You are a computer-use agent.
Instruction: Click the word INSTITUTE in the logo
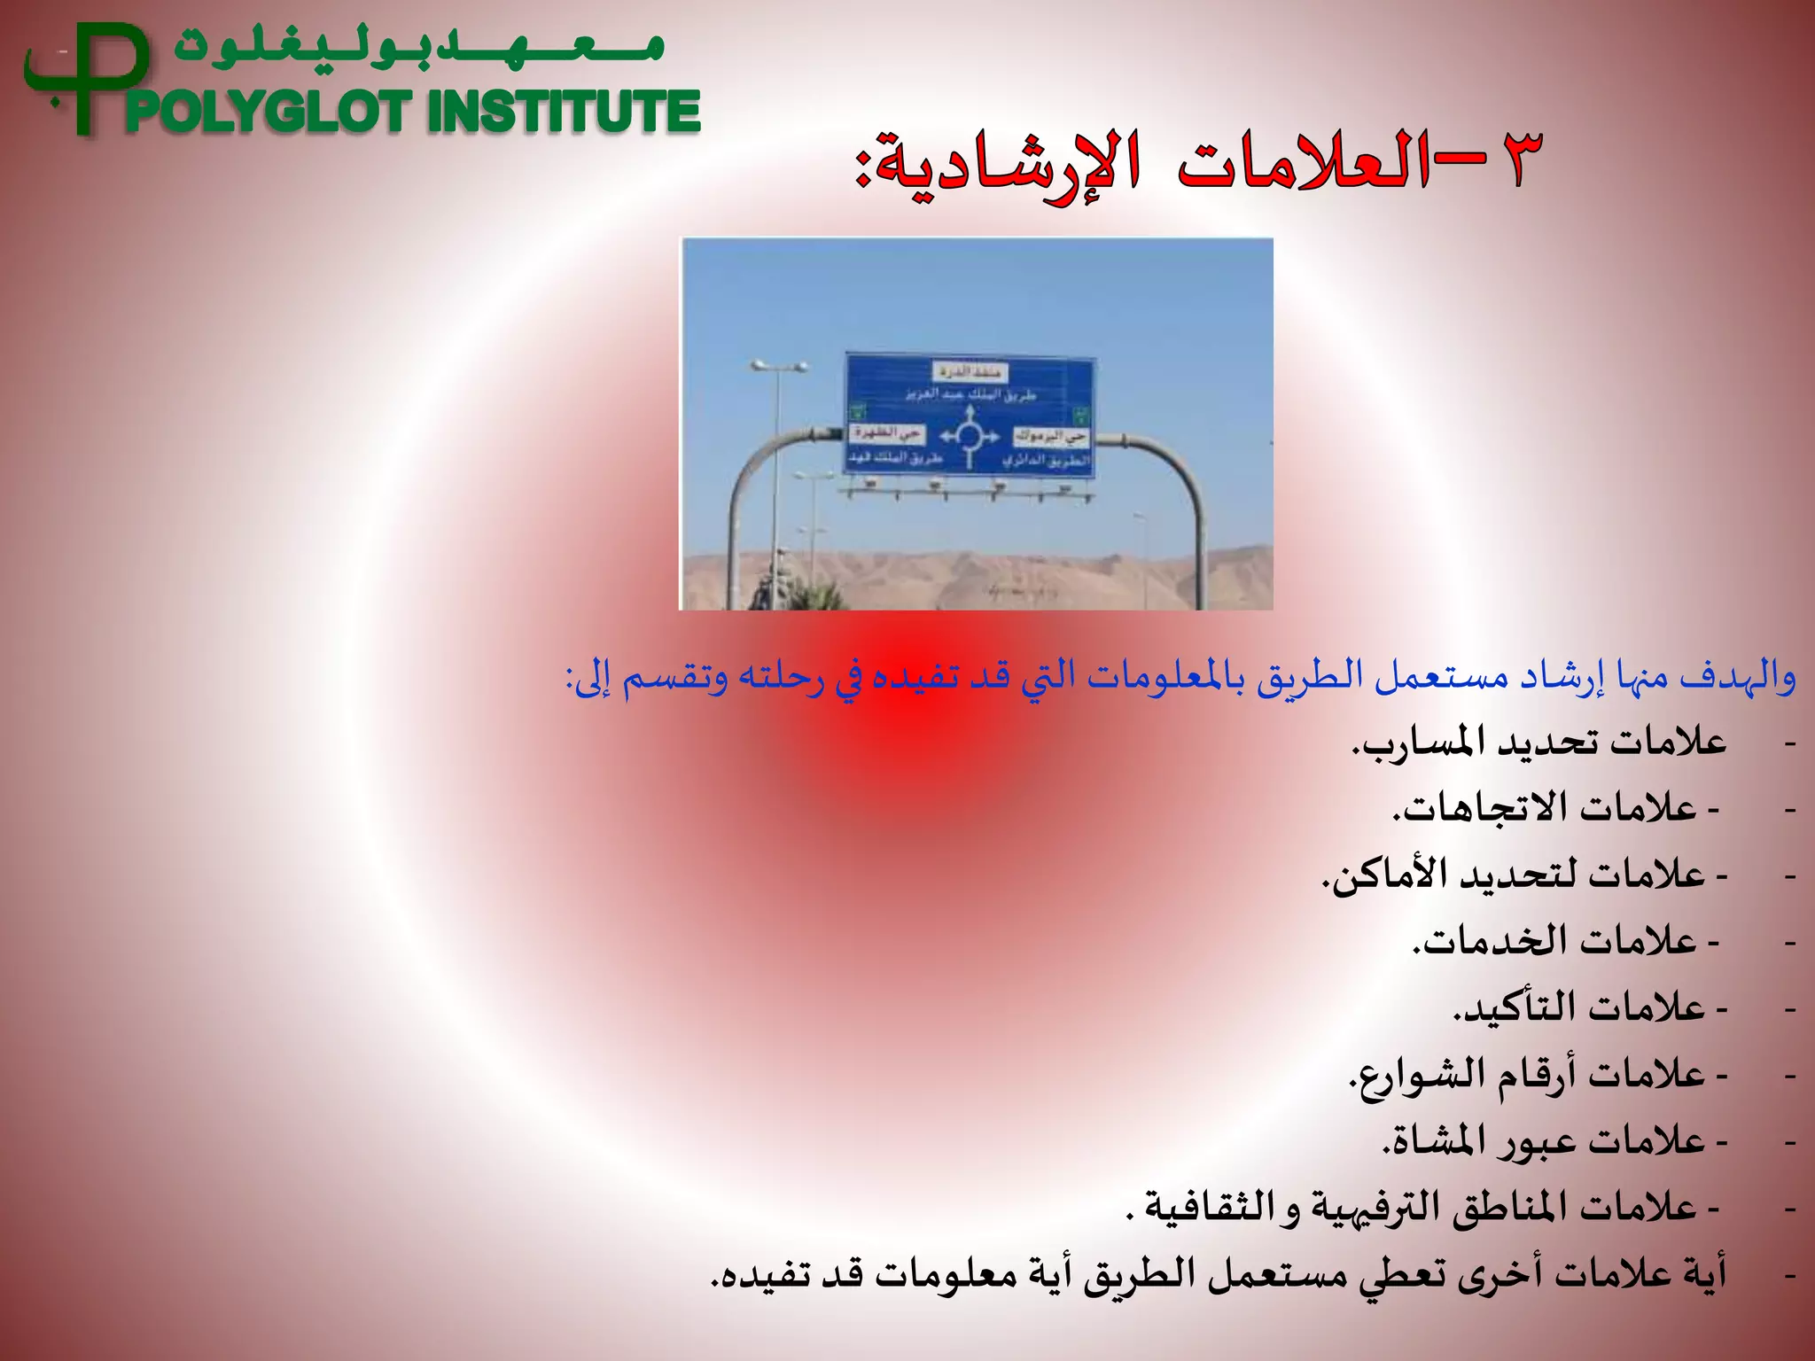pyautogui.click(x=564, y=113)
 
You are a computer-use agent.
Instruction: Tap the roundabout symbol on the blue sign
pyautogui.click(x=969, y=436)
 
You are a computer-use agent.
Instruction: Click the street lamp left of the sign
pyautogui.click(x=778, y=367)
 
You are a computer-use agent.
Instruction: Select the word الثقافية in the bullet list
pyautogui.click(x=1206, y=1207)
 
